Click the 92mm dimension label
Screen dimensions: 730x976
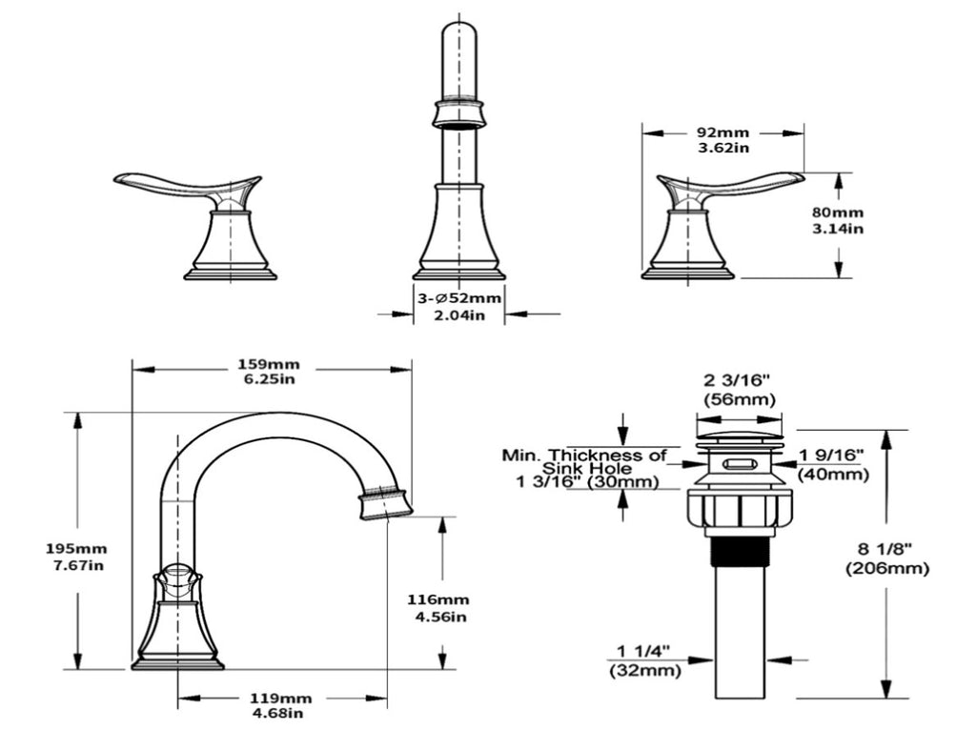pyautogui.click(x=722, y=132)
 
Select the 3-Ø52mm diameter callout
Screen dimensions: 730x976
pyautogui.click(x=458, y=298)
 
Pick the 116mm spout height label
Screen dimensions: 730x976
pyautogui.click(x=437, y=599)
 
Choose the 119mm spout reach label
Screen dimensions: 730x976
pyautogui.click(x=282, y=698)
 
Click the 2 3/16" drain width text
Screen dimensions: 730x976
pyautogui.click(x=738, y=381)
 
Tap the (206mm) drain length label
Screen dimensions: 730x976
pyautogui.click(x=886, y=569)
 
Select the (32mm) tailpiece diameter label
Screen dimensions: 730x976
pyautogui.click(x=645, y=670)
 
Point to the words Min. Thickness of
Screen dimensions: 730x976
pyautogui.click(x=584, y=455)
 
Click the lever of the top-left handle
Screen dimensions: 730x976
pyautogui.click(x=181, y=184)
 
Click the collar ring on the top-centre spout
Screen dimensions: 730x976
pyautogui.click(x=459, y=113)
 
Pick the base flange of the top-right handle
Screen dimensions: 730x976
pyautogui.click(x=687, y=273)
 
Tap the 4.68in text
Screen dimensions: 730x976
pyautogui.click(x=282, y=713)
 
